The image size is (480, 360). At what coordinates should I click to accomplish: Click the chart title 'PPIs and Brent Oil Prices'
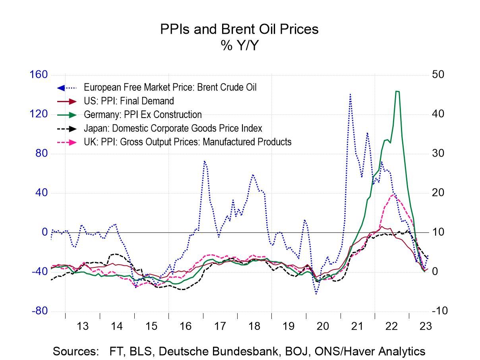click(x=239, y=29)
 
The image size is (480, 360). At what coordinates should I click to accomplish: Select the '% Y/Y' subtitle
click(x=239, y=46)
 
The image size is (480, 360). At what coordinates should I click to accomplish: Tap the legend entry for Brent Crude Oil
click(x=170, y=87)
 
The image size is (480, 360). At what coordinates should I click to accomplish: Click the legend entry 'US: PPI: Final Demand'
click(x=129, y=101)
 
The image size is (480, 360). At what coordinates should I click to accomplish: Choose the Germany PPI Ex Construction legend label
click(x=143, y=115)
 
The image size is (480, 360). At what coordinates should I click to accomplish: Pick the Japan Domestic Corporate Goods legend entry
click(x=173, y=128)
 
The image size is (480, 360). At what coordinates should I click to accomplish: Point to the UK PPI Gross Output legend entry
click(x=188, y=142)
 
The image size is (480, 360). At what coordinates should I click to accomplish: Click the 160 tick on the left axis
click(x=39, y=75)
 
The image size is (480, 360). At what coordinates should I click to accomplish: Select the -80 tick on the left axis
click(x=40, y=311)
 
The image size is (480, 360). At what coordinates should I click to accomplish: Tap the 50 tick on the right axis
click(x=439, y=75)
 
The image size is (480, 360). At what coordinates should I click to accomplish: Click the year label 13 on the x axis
click(x=82, y=327)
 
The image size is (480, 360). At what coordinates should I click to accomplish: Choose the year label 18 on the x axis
click(x=254, y=327)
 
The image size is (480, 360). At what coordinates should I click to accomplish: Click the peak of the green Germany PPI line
click(x=397, y=91)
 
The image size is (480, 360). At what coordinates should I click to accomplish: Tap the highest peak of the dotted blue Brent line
click(x=350, y=95)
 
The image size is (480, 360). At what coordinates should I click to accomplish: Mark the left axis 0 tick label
click(x=45, y=232)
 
